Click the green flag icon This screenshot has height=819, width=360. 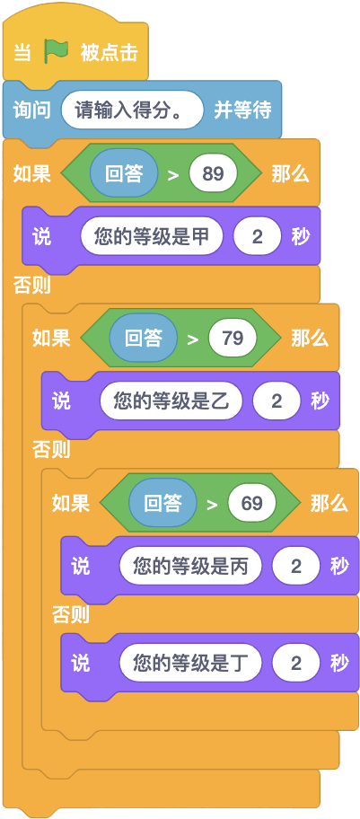57,51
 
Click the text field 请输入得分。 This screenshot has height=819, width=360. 132,110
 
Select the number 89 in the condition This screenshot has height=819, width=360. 213,173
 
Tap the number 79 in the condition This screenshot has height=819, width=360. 233,338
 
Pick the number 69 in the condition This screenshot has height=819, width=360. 252,503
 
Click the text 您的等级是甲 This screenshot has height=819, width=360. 152,236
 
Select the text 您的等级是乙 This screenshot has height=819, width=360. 171,401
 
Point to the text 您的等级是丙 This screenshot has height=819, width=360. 190,566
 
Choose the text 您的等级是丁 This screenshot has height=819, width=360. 190,663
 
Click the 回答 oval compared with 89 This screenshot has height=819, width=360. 124,173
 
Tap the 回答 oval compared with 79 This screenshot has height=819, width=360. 143,338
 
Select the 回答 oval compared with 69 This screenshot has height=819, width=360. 162,503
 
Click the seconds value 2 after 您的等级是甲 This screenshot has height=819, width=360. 258,236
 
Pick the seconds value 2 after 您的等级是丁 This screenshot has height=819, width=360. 296,663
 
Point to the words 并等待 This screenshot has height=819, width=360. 243,110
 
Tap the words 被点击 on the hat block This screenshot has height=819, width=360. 110,52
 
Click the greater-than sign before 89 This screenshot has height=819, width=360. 173,174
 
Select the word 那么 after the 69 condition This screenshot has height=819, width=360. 329,504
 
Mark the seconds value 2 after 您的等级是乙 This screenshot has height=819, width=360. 277,401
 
